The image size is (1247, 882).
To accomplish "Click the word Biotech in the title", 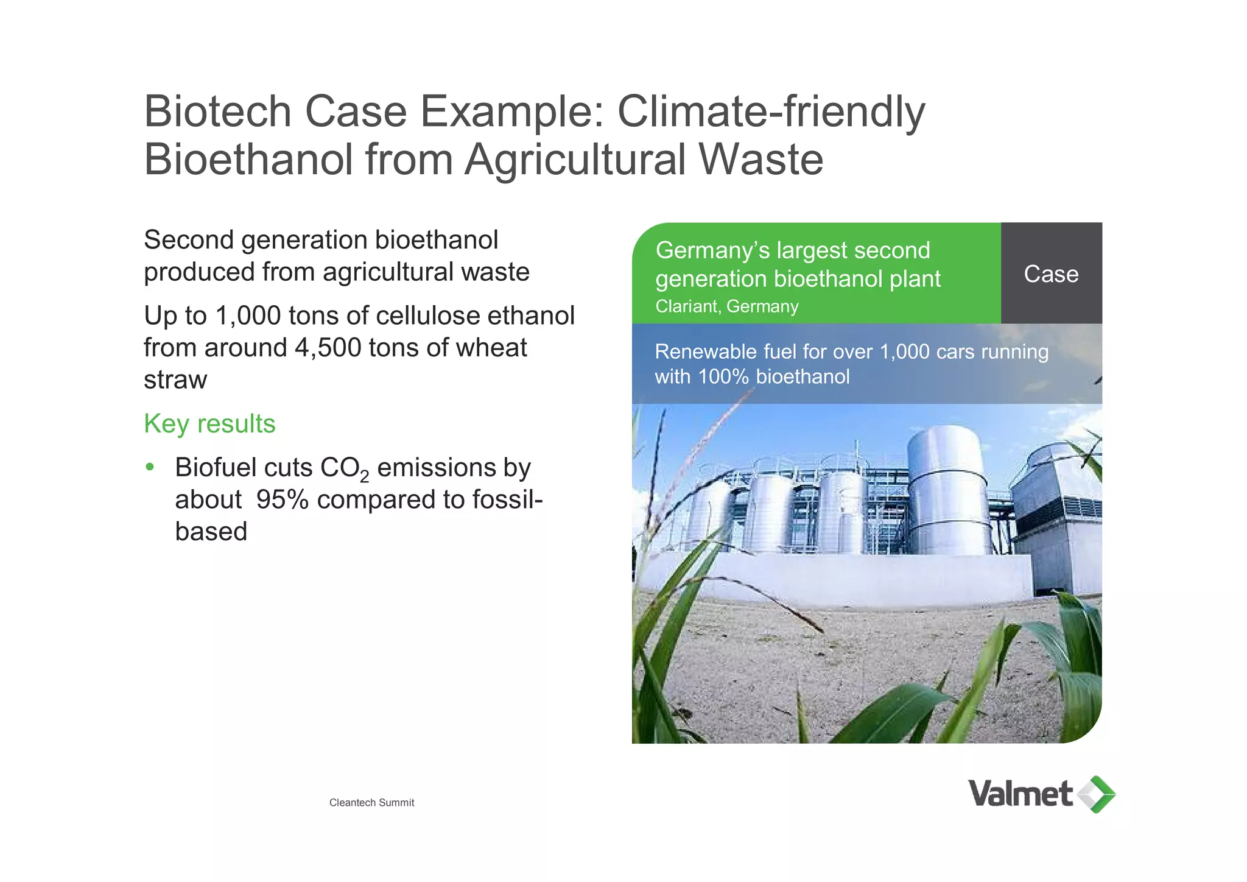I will tap(217, 111).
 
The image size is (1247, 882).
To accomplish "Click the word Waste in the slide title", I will tap(760, 160).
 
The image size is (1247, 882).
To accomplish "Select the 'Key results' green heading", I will tap(209, 424).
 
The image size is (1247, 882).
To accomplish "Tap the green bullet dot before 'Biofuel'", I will tap(150, 467).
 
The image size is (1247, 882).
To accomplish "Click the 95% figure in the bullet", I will tap(282, 500).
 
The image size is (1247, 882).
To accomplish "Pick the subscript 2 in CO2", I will tap(364, 476).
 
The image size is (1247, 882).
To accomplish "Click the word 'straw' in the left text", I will tap(175, 380).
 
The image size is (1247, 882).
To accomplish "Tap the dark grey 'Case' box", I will tap(1051, 273).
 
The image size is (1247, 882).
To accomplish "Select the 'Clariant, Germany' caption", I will tap(727, 306).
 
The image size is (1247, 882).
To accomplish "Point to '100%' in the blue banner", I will tap(723, 377).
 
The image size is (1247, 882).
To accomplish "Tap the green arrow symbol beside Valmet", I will tap(1097, 794).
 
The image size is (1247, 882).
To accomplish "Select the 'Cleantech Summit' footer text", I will tap(371, 803).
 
